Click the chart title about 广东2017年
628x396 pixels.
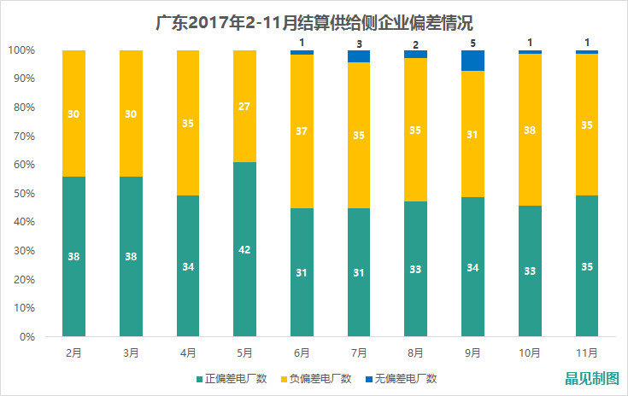coord(315,21)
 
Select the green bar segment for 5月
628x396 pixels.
coord(244,249)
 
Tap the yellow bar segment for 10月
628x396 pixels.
coord(529,130)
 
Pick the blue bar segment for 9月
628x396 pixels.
coord(472,61)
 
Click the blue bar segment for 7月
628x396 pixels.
coord(359,56)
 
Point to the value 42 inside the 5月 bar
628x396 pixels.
coord(244,250)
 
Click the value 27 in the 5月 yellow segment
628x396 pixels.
coord(244,108)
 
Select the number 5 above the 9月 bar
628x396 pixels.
coord(472,41)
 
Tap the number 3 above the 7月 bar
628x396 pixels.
coord(359,43)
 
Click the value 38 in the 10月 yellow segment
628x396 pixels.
coord(529,131)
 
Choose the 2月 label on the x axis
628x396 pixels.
coord(73,351)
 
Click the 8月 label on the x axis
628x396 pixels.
coord(415,351)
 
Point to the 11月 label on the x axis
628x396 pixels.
coord(586,351)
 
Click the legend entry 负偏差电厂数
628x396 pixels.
coord(317,378)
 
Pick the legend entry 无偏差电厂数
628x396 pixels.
coord(405,378)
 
